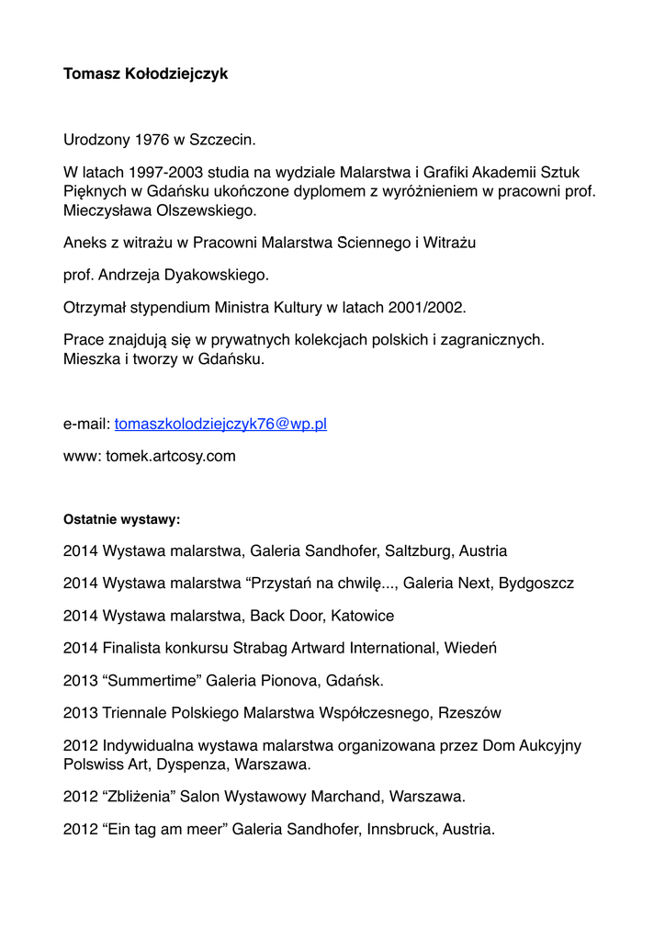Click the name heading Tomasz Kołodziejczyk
click(x=145, y=74)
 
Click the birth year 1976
click(x=152, y=141)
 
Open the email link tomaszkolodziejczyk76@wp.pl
click(x=220, y=424)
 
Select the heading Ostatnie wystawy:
click(x=121, y=519)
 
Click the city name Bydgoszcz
click(x=536, y=584)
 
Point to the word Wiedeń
click(x=470, y=648)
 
